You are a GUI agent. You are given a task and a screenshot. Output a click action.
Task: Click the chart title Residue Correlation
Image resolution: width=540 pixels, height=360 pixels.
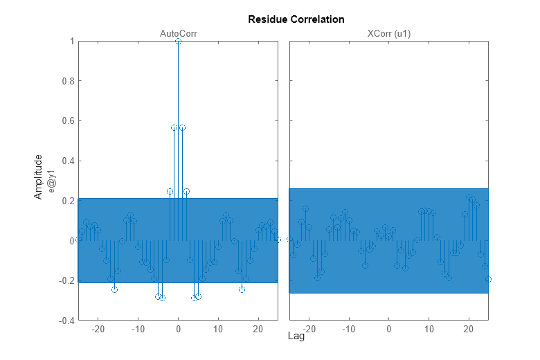tap(296, 19)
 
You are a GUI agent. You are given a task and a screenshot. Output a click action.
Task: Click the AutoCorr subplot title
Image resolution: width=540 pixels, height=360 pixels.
tap(178, 33)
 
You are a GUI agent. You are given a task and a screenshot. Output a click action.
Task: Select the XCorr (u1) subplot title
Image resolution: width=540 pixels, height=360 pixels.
tap(388, 33)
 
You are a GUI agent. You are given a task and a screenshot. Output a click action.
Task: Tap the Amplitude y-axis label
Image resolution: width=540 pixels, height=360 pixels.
tap(39, 177)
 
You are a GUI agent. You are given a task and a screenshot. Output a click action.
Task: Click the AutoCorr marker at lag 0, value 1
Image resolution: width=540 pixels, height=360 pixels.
tap(178, 42)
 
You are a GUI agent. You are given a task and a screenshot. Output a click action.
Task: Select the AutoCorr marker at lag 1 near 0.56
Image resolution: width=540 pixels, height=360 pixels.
tap(182, 128)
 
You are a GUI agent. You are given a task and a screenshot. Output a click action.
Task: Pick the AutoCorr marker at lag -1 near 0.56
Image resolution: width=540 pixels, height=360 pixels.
tap(174, 128)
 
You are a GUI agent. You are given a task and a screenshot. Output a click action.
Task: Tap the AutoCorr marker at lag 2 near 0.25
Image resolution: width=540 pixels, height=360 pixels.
tap(186, 191)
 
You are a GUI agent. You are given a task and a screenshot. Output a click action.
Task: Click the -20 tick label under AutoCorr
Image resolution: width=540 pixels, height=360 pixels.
tap(98, 329)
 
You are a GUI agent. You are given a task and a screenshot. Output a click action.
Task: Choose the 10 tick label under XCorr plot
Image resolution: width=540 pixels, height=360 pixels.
tap(429, 329)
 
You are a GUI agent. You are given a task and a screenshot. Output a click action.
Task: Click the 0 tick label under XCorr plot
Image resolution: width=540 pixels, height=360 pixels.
tap(388, 329)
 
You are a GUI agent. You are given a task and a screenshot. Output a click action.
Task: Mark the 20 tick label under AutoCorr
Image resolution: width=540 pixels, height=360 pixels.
tap(258, 329)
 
